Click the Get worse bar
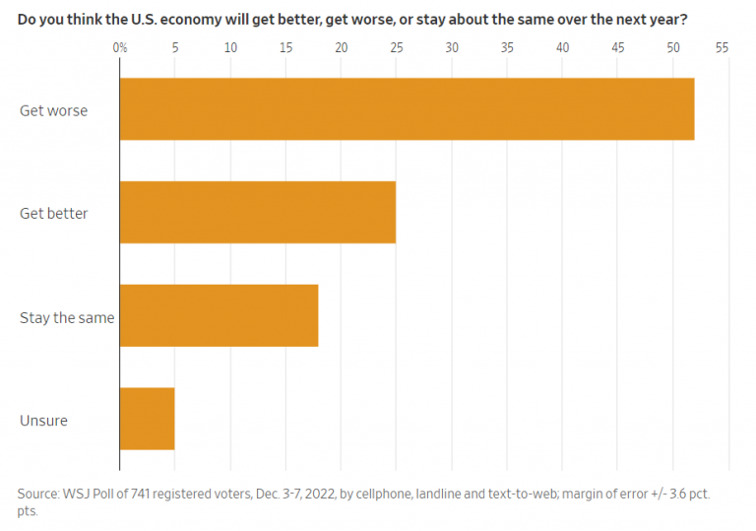(x=407, y=109)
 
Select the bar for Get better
(x=257, y=212)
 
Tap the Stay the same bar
(x=219, y=315)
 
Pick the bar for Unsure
(x=147, y=419)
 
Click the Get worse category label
(x=53, y=110)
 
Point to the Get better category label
(x=54, y=213)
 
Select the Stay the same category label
(x=67, y=317)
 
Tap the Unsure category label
(x=43, y=421)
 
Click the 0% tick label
(x=120, y=47)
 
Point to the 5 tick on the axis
(x=175, y=47)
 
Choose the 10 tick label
(x=230, y=47)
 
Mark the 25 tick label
(x=396, y=47)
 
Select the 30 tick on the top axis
(x=452, y=47)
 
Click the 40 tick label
(x=562, y=47)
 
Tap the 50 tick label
(x=673, y=47)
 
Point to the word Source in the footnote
(x=38, y=493)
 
